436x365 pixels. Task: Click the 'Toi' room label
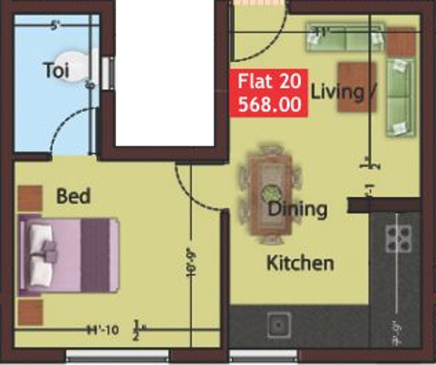pyautogui.click(x=56, y=71)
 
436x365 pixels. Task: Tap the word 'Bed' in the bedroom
pyautogui.click(x=74, y=196)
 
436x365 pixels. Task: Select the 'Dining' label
pyautogui.click(x=297, y=209)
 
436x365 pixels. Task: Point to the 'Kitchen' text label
pyautogui.click(x=299, y=262)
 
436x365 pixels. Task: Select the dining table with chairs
pyautogui.click(x=267, y=193)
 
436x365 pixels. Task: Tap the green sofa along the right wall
pyautogui.click(x=400, y=96)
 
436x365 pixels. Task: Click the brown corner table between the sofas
pyautogui.click(x=403, y=39)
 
